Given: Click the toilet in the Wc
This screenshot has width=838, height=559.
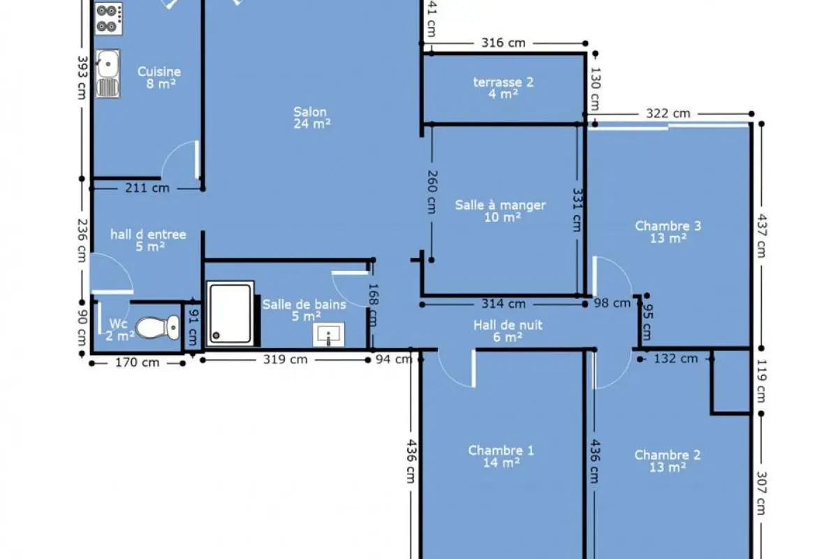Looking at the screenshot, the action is pos(158,327).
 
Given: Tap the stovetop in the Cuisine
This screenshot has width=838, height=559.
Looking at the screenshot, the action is pos(108,19).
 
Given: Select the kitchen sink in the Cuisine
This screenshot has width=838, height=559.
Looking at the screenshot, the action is pos(108,74).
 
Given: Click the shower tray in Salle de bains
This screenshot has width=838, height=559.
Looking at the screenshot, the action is pos(230,314).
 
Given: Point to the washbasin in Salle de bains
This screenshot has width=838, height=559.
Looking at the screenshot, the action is pos(328,334).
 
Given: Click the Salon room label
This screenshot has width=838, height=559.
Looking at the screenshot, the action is pos(310,112).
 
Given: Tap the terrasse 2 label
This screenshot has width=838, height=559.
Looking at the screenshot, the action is pos(503,82).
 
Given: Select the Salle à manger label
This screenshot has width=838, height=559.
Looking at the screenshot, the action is pos(500,205).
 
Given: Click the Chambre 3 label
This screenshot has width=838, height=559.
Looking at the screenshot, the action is pos(668,226).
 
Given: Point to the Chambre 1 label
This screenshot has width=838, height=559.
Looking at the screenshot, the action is pos(501,450).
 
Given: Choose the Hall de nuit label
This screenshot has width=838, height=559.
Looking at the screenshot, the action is pos(508,325).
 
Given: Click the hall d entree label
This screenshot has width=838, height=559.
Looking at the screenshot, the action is pos(148,234).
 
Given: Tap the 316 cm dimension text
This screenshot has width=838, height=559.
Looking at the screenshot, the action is pos(503,43).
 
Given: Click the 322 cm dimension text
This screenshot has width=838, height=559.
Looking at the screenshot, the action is pos(668,113).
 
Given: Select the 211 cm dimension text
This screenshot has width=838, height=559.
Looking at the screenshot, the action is pos(147,187).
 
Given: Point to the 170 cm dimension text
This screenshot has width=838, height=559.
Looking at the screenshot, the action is pos(138,363).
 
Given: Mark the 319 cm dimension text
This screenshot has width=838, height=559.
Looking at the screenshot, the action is pos(285,359).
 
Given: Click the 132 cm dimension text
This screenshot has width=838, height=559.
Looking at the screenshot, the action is pos(676,358).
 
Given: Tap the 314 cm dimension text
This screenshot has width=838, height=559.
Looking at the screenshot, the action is pos(503,304).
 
